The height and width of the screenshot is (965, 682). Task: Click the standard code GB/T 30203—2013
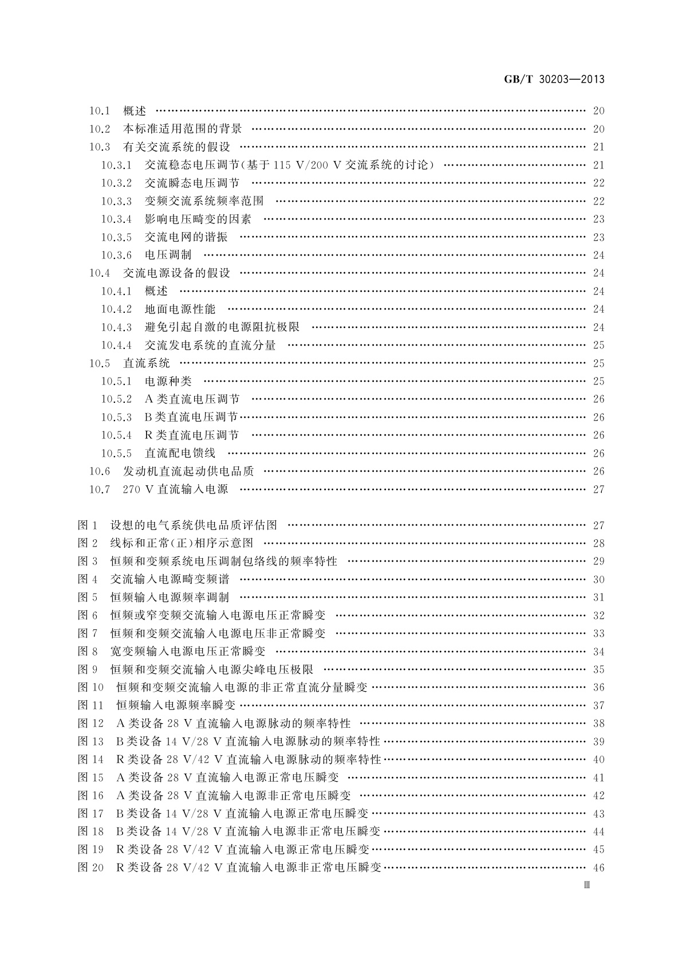click(x=554, y=80)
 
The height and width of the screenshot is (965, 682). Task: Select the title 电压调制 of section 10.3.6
click(x=168, y=255)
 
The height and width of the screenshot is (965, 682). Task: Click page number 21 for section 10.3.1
click(x=598, y=165)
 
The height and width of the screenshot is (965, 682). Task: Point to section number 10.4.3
click(x=116, y=327)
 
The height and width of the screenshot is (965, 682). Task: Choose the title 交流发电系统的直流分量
click(x=210, y=345)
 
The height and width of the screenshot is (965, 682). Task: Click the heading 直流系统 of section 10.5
click(x=147, y=363)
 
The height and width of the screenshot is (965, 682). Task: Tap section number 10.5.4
click(x=116, y=436)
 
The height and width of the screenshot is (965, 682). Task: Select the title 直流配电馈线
click(x=180, y=453)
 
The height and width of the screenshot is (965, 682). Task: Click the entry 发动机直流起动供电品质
click(x=188, y=472)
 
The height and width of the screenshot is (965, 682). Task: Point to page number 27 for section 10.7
click(x=598, y=489)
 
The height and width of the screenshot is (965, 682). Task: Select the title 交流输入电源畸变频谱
click(x=169, y=579)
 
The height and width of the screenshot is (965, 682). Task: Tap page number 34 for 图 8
click(x=598, y=652)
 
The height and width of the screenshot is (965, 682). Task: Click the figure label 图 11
click(x=90, y=705)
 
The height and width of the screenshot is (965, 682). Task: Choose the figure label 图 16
click(x=90, y=795)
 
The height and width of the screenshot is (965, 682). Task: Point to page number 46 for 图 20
click(x=598, y=868)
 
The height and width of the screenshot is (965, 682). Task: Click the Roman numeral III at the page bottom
click(x=586, y=885)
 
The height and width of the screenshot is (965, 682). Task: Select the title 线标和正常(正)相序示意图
click(x=182, y=543)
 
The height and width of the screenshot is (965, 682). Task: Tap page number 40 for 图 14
click(x=598, y=759)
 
